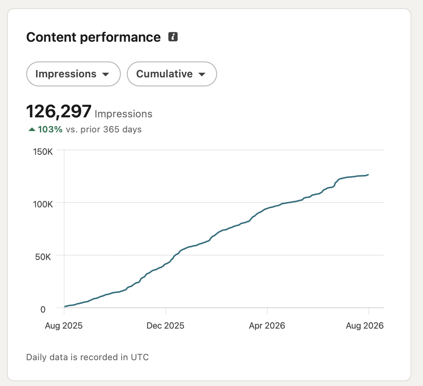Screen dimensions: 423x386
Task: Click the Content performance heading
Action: [x=93, y=37]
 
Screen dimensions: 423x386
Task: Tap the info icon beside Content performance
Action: [x=173, y=37]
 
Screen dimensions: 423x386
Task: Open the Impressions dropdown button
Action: [x=74, y=74]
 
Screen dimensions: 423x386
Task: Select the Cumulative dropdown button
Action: [x=172, y=74]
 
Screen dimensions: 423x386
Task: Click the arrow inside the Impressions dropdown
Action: [x=106, y=74]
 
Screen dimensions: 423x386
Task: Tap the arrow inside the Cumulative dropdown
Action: [x=202, y=74]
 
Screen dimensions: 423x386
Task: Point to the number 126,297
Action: [x=59, y=111]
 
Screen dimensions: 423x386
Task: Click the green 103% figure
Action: [x=50, y=129]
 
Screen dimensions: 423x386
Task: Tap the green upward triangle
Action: [x=32, y=129]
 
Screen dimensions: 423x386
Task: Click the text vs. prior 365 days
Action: [x=104, y=129]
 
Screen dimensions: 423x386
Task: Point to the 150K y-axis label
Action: [x=43, y=152]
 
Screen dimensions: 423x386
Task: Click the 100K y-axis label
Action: [x=43, y=204]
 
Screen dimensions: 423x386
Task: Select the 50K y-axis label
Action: [x=43, y=257]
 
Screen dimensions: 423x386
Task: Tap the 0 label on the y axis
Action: [x=43, y=309]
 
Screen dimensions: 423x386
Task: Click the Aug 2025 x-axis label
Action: [x=64, y=326]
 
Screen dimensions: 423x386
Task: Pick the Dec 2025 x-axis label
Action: [x=166, y=326]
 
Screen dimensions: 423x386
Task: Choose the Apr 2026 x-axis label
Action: [x=267, y=326]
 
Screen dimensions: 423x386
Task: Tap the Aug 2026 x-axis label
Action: [x=365, y=326]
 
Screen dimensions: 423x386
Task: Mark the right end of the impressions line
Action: [x=368, y=175]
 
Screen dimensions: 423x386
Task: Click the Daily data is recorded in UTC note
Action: [x=87, y=357]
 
